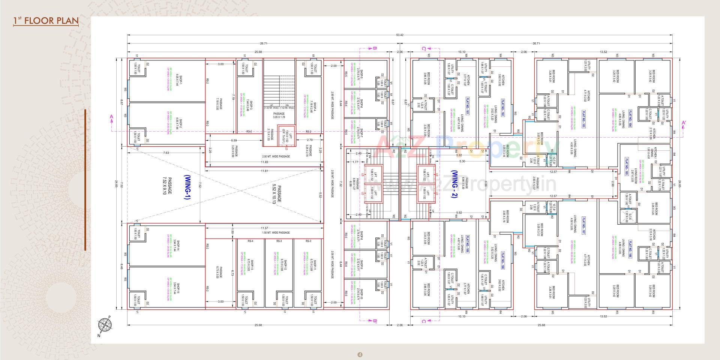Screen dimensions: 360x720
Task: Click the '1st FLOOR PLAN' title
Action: pos(46,21)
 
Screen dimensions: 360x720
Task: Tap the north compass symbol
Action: pos(105,325)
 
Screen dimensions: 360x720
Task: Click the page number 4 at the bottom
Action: pos(360,354)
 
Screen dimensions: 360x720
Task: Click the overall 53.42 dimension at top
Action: pos(400,35)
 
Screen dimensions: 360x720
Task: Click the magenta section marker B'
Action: pos(374,321)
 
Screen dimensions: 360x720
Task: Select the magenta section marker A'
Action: pos(684,123)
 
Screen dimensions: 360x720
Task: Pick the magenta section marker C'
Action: pos(424,321)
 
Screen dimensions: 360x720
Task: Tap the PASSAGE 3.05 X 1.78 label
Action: pos(279,115)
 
